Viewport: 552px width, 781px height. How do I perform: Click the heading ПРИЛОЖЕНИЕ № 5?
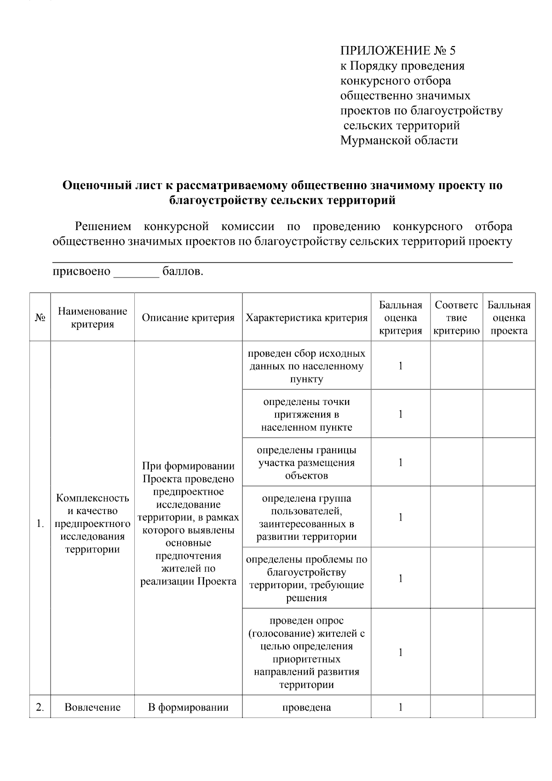pos(397,51)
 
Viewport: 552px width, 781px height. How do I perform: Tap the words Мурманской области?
pos(399,140)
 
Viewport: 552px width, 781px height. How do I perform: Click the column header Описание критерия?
pos(188,318)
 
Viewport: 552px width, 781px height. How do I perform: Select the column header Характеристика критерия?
pos(306,318)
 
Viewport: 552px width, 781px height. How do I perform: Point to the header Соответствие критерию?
pos(456,318)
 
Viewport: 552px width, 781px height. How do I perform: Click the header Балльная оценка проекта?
pos(509,318)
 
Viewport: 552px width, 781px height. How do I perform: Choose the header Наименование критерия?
pos(92,318)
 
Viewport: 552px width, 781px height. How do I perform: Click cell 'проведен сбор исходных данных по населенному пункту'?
pos(306,366)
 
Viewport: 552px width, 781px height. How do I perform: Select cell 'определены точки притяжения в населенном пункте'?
pos(306,414)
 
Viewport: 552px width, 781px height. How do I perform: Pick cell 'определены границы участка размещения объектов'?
pos(306,463)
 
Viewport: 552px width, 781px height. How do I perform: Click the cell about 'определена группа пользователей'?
pos(306,517)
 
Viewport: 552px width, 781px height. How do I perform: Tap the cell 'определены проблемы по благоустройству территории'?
pos(306,579)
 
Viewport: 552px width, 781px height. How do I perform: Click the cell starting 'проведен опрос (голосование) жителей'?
pos(306,652)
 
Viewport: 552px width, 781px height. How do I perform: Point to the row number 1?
pos(40,524)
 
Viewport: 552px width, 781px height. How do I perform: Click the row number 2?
pos(40,707)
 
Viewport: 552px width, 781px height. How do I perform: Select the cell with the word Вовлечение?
pos(92,707)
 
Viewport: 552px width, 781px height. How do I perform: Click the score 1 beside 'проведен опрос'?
pos(401,652)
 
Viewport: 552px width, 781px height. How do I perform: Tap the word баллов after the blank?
pos(183,272)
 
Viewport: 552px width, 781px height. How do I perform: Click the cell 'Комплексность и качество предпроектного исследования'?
pos(92,524)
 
